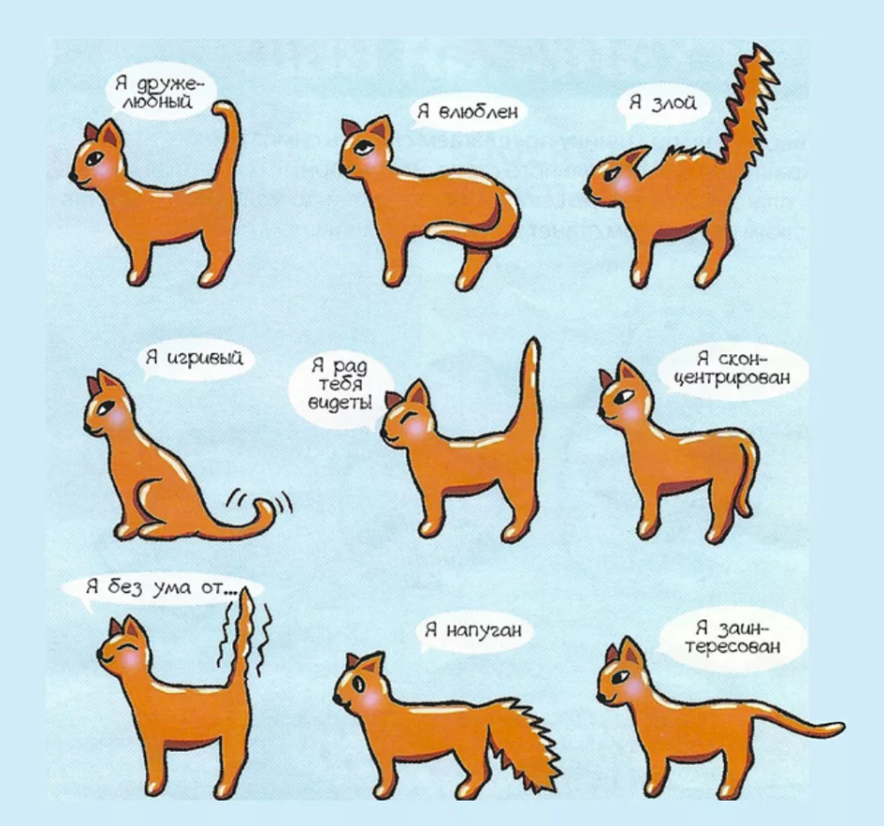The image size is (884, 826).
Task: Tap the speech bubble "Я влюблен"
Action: click(x=466, y=113)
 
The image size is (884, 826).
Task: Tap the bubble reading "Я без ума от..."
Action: click(x=156, y=588)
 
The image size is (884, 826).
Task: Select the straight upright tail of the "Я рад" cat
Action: click(x=530, y=395)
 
